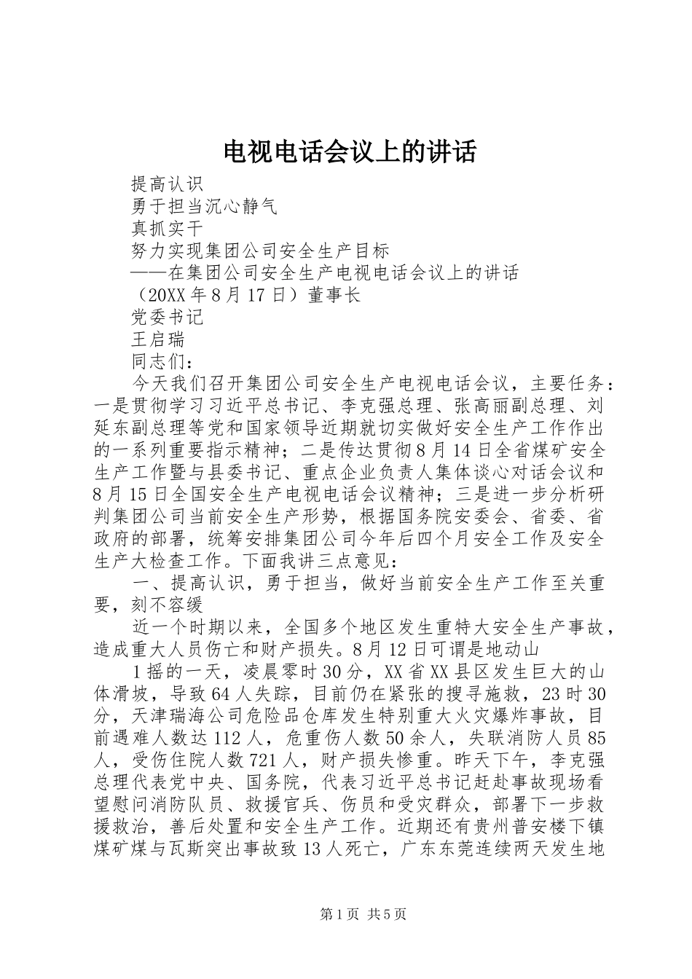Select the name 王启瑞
pyautogui.click(x=157, y=339)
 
